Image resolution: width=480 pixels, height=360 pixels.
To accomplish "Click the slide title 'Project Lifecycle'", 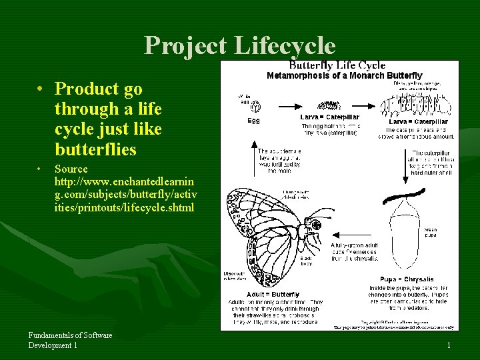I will click(x=240, y=45).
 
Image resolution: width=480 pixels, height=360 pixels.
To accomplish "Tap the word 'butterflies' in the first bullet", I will click(x=95, y=149).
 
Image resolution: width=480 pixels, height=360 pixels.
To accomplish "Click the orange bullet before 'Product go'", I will click(x=41, y=89).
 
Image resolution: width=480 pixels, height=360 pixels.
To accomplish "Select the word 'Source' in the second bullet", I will click(x=71, y=169).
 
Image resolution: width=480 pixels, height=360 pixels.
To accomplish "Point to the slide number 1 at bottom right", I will click(x=449, y=345).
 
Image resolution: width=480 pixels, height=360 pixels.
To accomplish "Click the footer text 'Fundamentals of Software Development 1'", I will click(x=70, y=340).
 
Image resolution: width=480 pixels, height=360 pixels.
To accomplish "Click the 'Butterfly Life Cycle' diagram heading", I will click(x=337, y=65).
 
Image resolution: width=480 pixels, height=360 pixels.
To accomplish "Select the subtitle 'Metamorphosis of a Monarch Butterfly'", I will click(x=344, y=75).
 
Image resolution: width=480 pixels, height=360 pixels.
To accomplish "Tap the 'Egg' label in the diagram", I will click(x=254, y=121).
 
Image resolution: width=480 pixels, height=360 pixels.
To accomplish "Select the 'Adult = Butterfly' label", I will click(x=273, y=294).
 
